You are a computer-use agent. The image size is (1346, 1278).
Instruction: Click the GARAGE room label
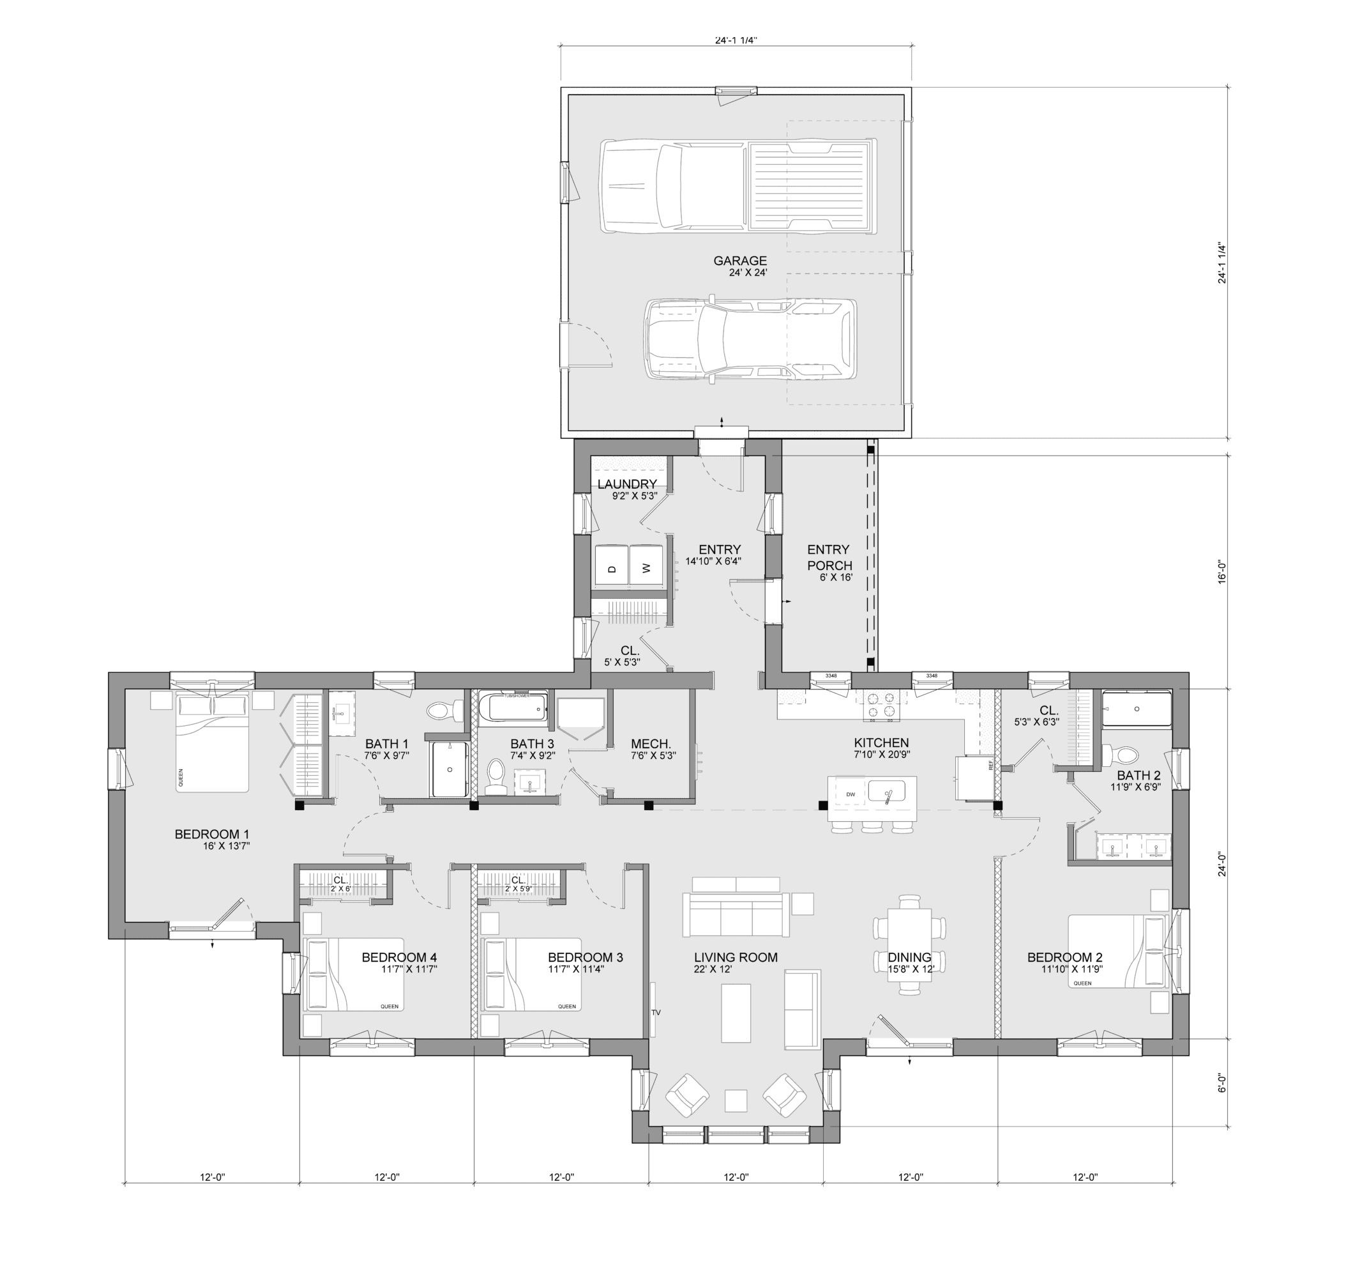pyautogui.click(x=739, y=261)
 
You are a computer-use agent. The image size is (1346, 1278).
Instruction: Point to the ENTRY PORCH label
pyautogui.click(x=829, y=557)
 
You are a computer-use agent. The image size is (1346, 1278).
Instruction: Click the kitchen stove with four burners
pyautogui.click(x=881, y=704)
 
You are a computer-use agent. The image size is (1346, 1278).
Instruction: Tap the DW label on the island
pyautogui.click(x=851, y=794)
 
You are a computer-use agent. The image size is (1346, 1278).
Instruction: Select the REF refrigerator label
pyautogui.click(x=990, y=766)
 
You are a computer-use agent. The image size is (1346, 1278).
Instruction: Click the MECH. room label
pyautogui.click(x=651, y=744)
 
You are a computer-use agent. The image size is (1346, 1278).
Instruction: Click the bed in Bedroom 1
pyautogui.click(x=213, y=742)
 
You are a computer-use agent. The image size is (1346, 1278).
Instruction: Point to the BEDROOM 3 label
pyautogui.click(x=585, y=957)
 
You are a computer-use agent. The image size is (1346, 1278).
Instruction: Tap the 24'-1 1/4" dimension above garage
pyautogui.click(x=736, y=40)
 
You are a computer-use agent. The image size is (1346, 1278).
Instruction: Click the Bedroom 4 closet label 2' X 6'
pyautogui.click(x=340, y=888)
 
